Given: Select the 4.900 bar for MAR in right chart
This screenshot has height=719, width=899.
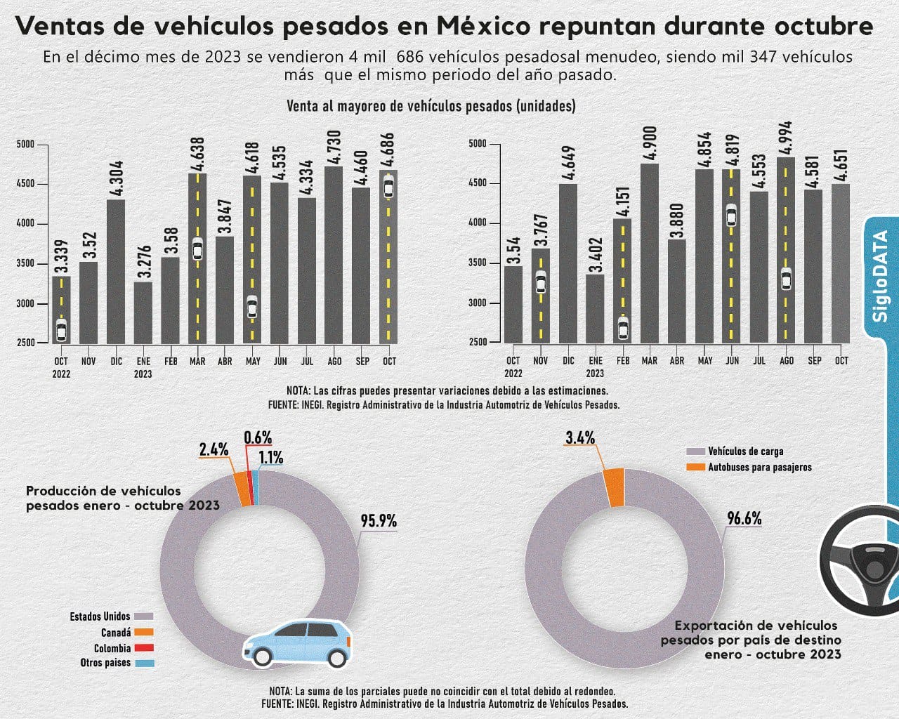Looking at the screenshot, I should [x=650, y=253].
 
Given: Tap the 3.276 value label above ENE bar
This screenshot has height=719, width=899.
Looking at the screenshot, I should [x=143, y=259].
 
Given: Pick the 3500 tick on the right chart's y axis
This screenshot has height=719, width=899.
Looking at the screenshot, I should [x=477, y=263].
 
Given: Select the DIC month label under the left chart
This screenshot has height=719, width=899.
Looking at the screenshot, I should [x=116, y=361].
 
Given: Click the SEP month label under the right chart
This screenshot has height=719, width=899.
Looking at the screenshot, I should [x=814, y=360].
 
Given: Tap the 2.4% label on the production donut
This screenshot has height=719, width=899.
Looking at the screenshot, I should [x=214, y=449].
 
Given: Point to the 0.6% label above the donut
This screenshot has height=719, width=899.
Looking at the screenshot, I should [x=258, y=437].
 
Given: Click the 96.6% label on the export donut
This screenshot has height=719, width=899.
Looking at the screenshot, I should [x=744, y=519].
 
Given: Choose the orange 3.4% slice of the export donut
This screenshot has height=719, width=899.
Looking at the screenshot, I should [x=613, y=487].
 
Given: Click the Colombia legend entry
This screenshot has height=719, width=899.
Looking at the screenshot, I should [x=112, y=648].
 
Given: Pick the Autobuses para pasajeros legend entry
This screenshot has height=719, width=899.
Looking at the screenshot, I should [x=759, y=467].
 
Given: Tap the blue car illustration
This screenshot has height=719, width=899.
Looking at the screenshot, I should [x=298, y=642].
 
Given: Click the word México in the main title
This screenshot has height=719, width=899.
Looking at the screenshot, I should [x=484, y=26].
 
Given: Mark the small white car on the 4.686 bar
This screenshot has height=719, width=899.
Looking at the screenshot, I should [x=388, y=188].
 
